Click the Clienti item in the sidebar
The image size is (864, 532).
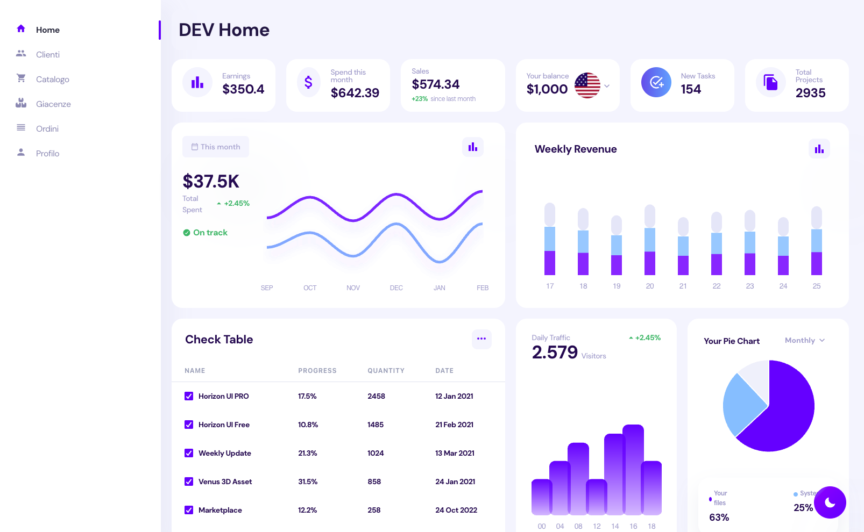pos(47,55)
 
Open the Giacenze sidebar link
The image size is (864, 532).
pos(53,104)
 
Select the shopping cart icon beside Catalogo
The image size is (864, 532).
pos(21,78)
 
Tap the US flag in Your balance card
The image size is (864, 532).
pos(587,85)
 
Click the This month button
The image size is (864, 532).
pos(216,147)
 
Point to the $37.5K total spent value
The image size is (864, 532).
pos(211,182)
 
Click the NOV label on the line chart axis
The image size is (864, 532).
pos(353,288)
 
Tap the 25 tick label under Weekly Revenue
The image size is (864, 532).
pos(816,286)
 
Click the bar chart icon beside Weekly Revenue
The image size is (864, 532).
pos(819,149)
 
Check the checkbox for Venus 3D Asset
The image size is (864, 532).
pos(189,481)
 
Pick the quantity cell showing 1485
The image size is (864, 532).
pos(376,425)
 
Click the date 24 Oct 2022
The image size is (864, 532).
pos(456,510)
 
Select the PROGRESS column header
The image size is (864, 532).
pos(317,371)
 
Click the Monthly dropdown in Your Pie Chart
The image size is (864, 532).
pos(804,340)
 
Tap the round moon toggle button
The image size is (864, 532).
pos(830,502)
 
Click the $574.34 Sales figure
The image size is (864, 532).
pos(436,84)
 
